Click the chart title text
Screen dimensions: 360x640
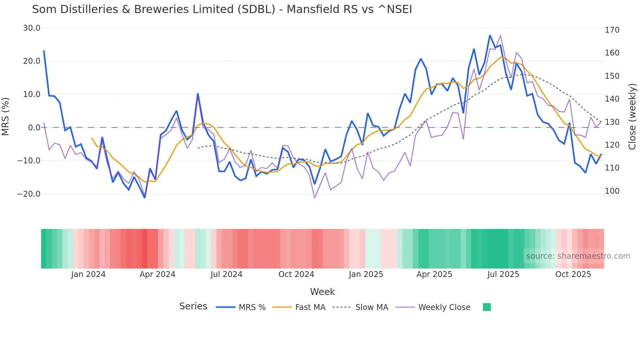point(222,9)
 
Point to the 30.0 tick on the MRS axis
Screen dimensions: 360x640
point(32,28)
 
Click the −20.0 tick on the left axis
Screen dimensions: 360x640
point(29,194)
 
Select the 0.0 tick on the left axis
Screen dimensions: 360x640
point(34,128)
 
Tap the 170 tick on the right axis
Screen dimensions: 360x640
point(612,30)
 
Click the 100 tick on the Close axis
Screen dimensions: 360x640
point(612,191)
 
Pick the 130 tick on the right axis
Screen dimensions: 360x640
point(612,122)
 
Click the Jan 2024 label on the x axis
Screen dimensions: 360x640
point(88,274)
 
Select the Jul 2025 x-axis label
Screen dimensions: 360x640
point(503,274)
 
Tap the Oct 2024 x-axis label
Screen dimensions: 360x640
point(296,274)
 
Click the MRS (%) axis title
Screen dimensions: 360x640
point(6,116)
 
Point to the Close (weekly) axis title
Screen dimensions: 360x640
point(632,116)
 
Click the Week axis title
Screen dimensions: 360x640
point(322,292)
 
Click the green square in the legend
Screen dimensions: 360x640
point(487,307)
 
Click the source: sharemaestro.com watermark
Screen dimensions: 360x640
point(578,256)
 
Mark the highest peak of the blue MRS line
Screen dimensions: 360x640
point(490,35)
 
